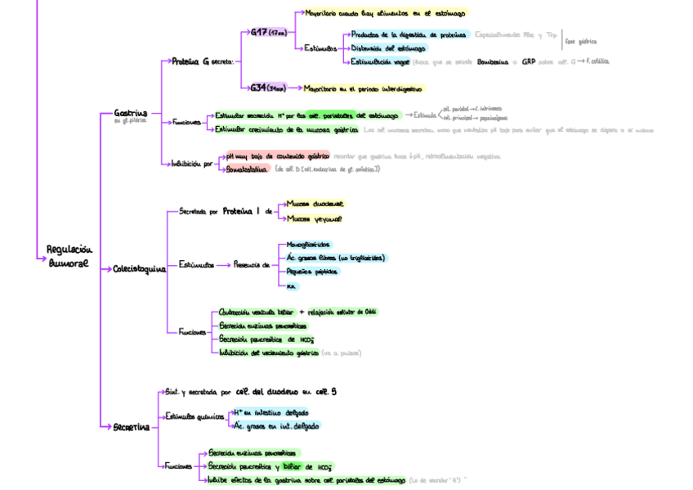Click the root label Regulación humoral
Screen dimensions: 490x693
69,257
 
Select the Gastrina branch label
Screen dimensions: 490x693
131,113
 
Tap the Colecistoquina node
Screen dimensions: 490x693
139,267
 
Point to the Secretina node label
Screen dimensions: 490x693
132,426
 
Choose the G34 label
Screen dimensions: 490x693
262,88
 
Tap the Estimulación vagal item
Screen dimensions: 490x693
380,62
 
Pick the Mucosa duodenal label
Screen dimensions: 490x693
315,205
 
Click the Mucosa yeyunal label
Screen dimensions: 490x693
315,218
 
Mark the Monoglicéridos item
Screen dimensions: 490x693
309,245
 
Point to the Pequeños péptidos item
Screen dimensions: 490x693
312,271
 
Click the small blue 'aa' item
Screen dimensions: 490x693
291,285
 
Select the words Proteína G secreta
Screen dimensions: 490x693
203,61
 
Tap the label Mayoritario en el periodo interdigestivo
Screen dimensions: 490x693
363,88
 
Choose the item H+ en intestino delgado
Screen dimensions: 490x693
270,412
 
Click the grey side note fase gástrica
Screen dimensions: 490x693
582,40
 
